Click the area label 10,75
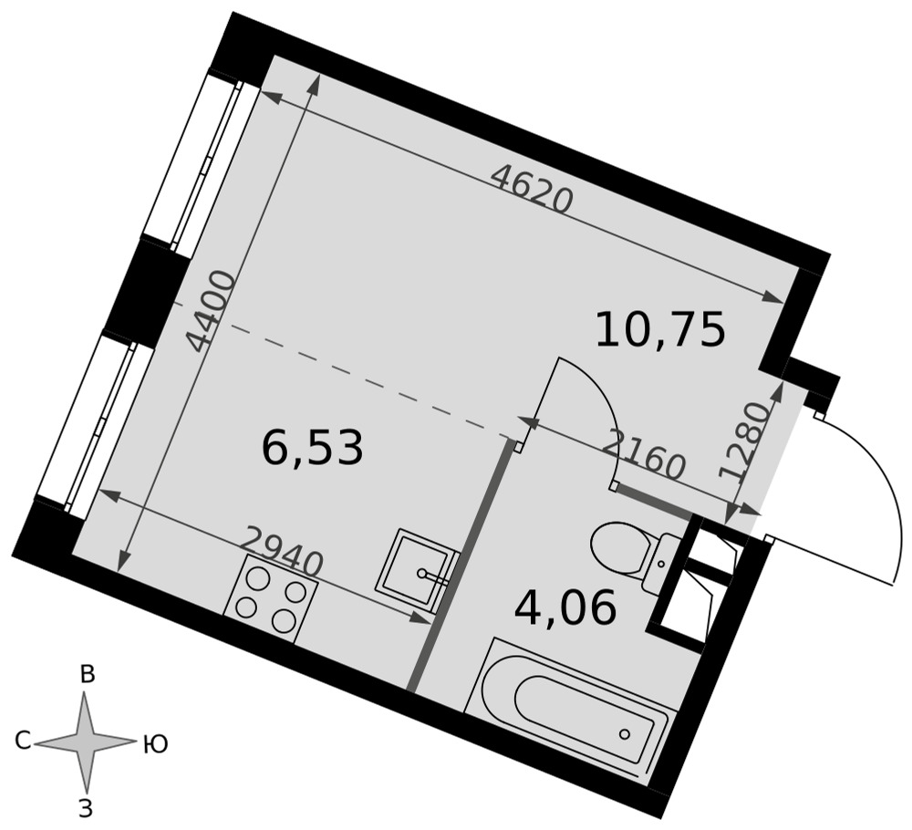(x=660, y=329)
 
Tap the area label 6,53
(x=313, y=448)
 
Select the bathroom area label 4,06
(x=565, y=607)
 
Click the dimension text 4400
(x=211, y=311)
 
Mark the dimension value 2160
(x=643, y=454)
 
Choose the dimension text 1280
(x=745, y=441)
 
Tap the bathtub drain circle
(x=625, y=733)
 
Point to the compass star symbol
(x=85, y=741)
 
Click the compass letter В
(x=88, y=675)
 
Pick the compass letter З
(x=86, y=809)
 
